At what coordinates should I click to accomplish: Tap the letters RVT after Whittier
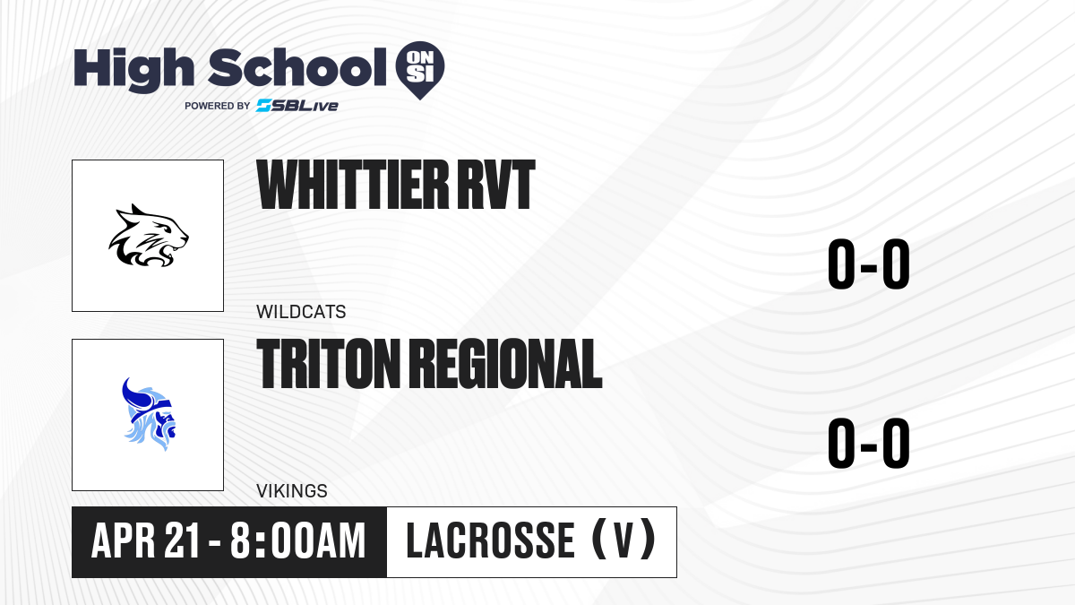click(x=495, y=185)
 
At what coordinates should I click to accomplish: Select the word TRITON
click(x=328, y=364)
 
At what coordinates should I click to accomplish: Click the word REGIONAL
click(x=507, y=364)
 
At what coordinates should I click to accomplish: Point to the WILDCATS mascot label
click(x=301, y=312)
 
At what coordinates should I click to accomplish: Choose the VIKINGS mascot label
click(x=292, y=491)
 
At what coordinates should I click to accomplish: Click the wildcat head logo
click(x=149, y=235)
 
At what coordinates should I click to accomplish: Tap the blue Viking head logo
click(x=149, y=414)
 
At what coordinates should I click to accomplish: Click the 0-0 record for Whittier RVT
click(x=869, y=264)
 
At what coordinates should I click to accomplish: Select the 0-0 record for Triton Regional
click(x=869, y=443)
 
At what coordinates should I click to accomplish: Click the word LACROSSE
click(x=490, y=540)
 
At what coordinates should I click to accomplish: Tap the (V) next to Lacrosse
click(x=623, y=540)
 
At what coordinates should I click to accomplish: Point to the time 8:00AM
click(x=297, y=540)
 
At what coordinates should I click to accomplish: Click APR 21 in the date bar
click(x=145, y=540)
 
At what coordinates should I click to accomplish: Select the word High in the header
click(x=133, y=69)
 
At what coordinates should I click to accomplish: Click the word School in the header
click(x=297, y=67)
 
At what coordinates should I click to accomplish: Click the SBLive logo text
click(x=297, y=106)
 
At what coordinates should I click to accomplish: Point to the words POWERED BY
click(x=218, y=106)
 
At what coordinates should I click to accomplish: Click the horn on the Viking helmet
click(x=132, y=393)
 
